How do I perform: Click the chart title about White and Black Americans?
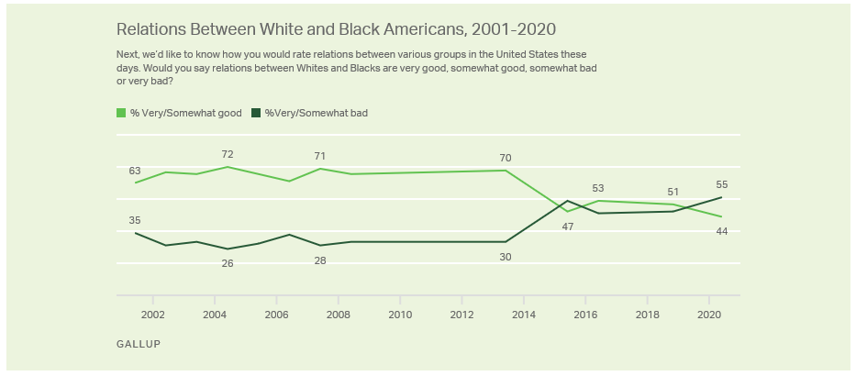point(336,29)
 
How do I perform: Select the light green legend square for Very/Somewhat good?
point(121,113)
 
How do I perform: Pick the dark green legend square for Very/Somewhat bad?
point(256,113)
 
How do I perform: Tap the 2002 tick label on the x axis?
point(152,314)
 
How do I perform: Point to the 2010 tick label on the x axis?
point(400,314)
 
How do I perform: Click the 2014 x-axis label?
point(523,314)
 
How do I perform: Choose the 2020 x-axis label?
point(708,314)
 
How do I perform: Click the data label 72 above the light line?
point(228,153)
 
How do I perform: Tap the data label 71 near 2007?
point(320,156)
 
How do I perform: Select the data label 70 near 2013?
point(505,157)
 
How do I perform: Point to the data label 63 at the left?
point(135,171)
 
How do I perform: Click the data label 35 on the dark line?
point(135,220)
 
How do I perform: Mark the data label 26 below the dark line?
point(228,263)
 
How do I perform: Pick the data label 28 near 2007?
point(320,260)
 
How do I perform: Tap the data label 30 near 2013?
point(505,257)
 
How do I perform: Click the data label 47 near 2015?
point(568,226)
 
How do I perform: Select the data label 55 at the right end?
point(722,184)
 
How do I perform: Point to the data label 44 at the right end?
point(722,231)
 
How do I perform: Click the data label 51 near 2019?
point(673,192)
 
